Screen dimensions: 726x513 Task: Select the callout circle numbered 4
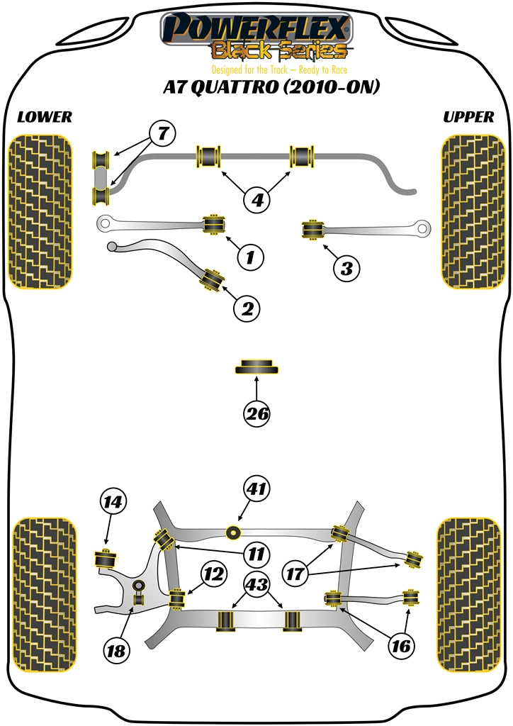(258, 200)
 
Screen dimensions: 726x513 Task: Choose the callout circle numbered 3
(346, 268)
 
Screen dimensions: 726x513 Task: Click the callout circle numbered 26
(257, 413)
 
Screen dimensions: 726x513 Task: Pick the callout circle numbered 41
(257, 488)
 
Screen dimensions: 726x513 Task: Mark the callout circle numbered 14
(112, 503)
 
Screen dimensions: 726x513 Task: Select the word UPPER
(468, 117)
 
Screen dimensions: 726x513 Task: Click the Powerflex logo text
(256, 29)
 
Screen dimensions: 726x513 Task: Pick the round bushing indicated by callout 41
(232, 532)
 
